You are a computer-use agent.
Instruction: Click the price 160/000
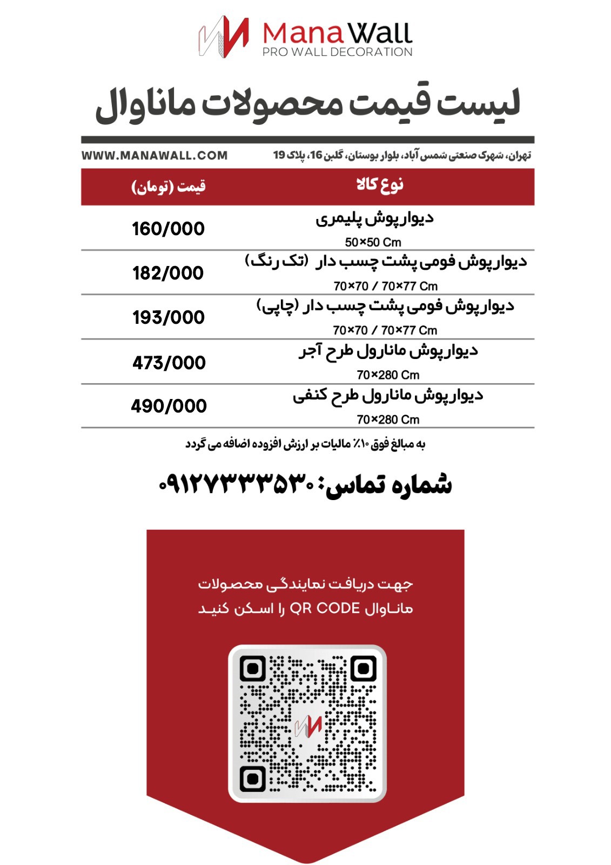tap(168, 229)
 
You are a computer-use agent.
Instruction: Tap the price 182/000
tap(168, 273)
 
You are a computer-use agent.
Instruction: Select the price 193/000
tap(168, 317)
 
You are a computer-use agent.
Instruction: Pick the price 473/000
tap(169, 362)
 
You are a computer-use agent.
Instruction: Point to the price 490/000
tap(169, 406)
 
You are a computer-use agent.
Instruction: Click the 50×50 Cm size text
tap(373, 242)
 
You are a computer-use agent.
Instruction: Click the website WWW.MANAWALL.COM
tap(155, 156)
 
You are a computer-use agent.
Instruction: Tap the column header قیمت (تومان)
tap(168, 187)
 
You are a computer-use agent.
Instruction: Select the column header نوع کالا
tap(380, 185)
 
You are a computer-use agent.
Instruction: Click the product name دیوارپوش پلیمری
tap(374, 219)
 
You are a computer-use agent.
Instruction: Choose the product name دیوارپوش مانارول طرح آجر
tap(388, 351)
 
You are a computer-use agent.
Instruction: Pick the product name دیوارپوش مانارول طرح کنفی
tap(388, 396)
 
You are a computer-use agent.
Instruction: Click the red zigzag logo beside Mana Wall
tap(224, 36)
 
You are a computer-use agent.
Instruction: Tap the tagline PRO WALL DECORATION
tap(337, 52)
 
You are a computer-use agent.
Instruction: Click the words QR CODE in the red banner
tap(325, 609)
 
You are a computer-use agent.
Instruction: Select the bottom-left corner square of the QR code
tap(252, 779)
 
